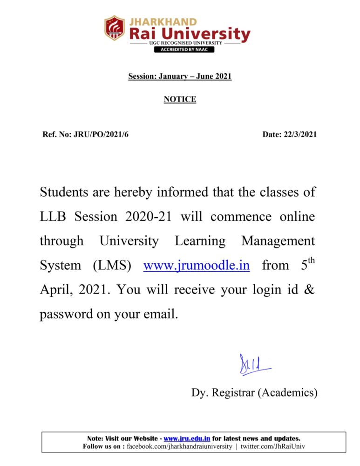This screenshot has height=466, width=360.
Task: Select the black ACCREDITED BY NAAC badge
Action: (x=184, y=49)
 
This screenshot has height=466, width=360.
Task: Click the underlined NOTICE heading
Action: (x=180, y=99)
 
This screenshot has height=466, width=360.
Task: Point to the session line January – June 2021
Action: (x=180, y=76)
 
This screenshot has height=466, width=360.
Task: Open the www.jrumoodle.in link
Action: (x=196, y=266)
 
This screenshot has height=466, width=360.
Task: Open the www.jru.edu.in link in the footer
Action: (x=187, y=439)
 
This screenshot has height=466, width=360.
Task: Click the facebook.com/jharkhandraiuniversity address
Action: (x=179, y=446)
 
